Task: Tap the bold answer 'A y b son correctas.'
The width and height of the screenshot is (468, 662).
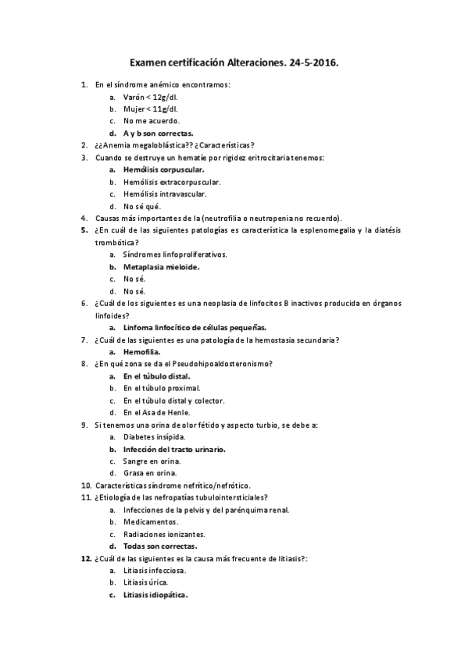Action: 159,133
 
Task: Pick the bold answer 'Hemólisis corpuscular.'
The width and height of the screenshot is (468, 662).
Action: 164,169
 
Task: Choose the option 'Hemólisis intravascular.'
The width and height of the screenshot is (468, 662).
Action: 165,194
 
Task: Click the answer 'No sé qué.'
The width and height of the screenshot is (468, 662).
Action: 141,206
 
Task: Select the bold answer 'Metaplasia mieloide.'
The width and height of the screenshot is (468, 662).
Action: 161,267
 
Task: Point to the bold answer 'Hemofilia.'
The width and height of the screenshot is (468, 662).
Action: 143,351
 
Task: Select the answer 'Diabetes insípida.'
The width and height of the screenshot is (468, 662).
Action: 154,436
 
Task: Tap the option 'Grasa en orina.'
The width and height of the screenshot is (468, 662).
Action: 150,473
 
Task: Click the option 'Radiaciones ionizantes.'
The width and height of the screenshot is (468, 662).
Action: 164,534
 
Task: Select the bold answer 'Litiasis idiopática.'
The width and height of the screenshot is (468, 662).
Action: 155,595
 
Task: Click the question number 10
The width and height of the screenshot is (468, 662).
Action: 85,486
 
